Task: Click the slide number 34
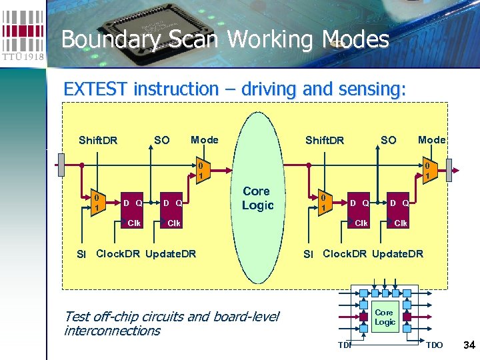pyautogui.click(x=469, y=345)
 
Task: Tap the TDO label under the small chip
pyautogui.click(x=434, y=345)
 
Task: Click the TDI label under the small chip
pyautogui.click(x=344, y=345)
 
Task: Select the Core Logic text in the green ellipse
pyautogui.click(x=257, y=198)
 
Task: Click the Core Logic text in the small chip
pyautogui.click(x=385, y=317)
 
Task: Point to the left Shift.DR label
pyautogui.click(x=98, y=140)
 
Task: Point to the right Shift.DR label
pyautogui.click(x=325, y=140)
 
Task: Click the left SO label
pyautogui.click(x=161, y=140)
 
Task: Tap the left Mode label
pyautogui.click(x=205, y=139)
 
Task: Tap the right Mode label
pyautogui.click(x=431, y=139)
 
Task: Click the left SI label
pyautogui.click(x=81, y=254)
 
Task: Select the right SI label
pyautogui.click(x=308, y=254)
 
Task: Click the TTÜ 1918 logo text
pyautogui.click(x=23, y=56)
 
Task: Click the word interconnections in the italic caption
pyautogui.click(x=112, y=331)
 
